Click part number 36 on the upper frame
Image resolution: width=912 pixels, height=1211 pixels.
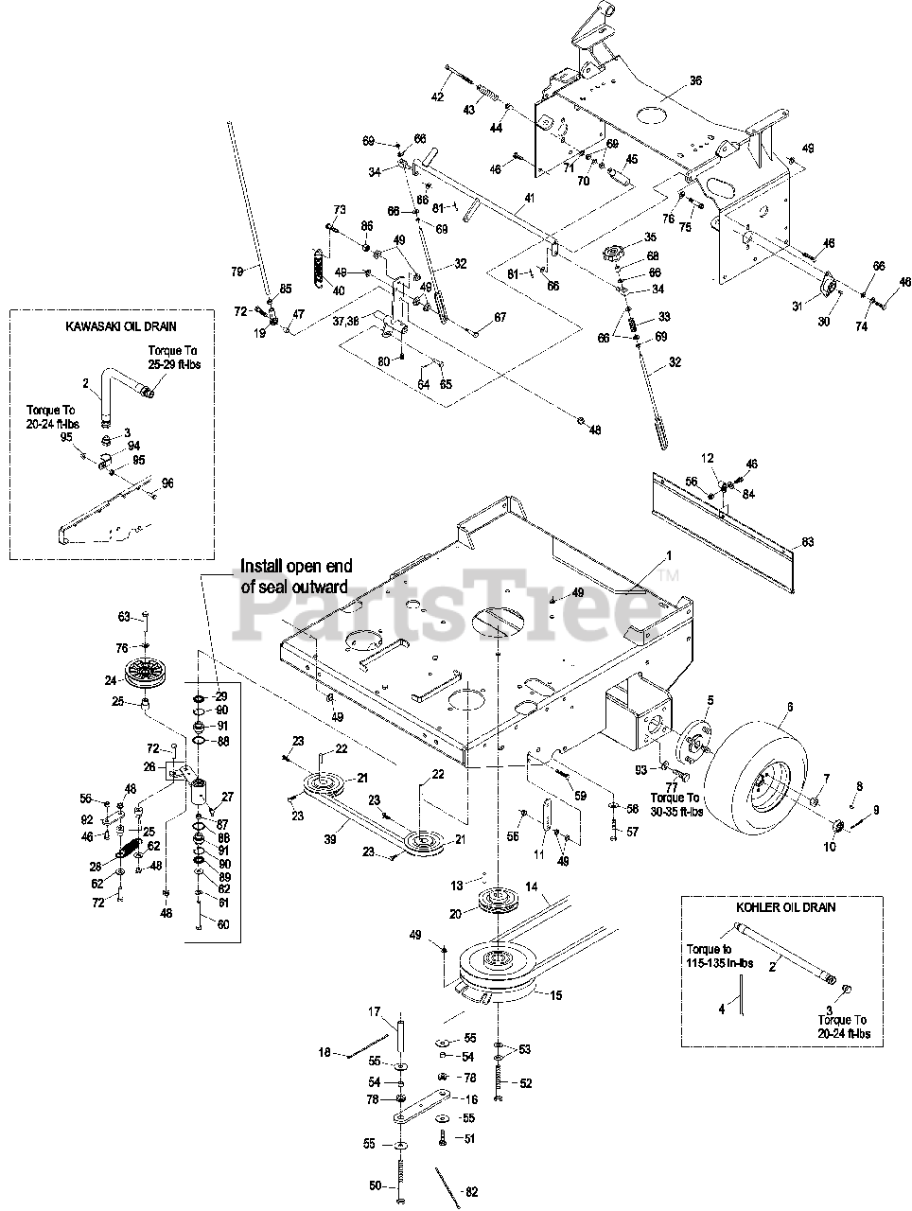695,82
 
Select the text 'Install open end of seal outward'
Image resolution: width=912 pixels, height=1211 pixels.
295,575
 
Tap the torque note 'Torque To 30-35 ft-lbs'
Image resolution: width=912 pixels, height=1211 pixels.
670,805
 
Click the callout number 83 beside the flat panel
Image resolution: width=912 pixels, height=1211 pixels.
807,542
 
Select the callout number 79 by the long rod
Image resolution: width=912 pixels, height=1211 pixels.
238,272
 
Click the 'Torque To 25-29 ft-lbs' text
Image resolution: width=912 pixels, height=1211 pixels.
175,358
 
